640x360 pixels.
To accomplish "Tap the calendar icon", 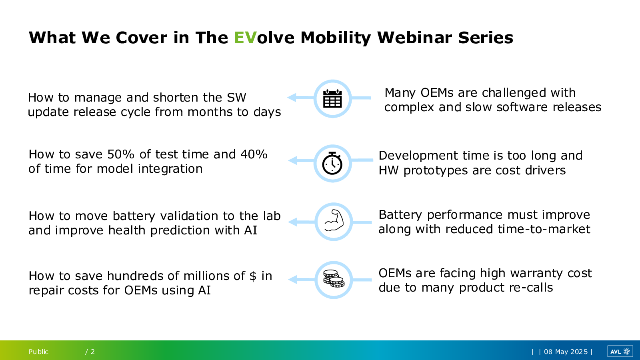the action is coord(332,98).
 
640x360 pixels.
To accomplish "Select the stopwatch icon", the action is coord(332,163).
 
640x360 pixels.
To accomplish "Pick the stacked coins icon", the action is coord(334,278).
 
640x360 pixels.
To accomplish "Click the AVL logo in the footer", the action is coord(620,352).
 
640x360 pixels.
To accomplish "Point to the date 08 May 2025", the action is coord(566,352).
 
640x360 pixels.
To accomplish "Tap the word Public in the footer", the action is coord(38,352).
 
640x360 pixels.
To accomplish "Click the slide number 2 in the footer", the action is coord(93,352).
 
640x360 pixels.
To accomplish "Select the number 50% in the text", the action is coord(121,154).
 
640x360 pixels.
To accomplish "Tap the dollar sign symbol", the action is coord(253,276).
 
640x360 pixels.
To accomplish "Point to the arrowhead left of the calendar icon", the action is coord(292,98).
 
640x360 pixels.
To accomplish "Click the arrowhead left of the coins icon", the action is coord(293,280).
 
